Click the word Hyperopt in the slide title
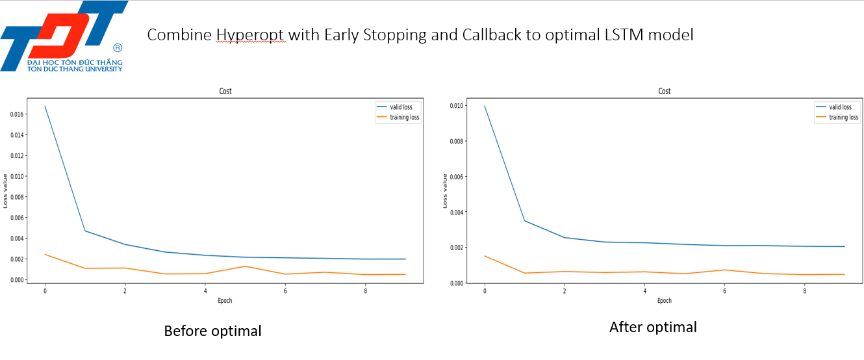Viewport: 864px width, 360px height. (x=251, y=35)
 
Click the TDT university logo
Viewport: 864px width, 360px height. (x=64, y=36)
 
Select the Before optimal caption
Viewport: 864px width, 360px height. (x=212, y=331)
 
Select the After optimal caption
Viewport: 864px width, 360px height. (x=653, y=328)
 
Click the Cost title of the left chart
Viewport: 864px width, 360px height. (x=225, y=91)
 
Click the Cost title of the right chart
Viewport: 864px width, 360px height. (x=664, y=91)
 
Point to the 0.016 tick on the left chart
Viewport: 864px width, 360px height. (x=17, y=114)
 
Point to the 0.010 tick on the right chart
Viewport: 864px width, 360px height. (x=456, y=106)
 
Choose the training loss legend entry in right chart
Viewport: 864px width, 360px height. (x=837, y=118)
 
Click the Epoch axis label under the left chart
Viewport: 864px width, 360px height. (x=225, y=301)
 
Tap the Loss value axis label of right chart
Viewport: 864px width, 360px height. (x=445, y=191)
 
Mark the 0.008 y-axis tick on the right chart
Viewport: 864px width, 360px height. (x=456, y=141)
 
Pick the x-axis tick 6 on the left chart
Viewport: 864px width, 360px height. (x=285, y=291)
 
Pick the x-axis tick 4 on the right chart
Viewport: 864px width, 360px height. (x=644, y=291)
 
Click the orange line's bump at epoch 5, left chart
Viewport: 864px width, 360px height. (x=245, y=266)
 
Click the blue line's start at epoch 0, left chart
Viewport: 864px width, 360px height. (x=45, y=106)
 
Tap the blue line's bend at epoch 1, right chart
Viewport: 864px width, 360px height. (x=525, y=221)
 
